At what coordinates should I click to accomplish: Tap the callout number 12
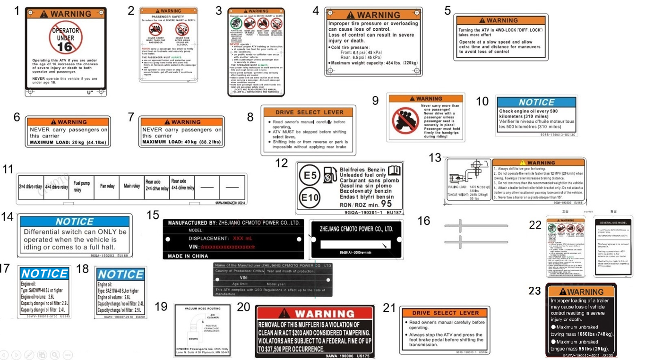pyautogui.click(x=282, y=163)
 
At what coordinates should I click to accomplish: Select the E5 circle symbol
pyautogui.click(x=310, y=175)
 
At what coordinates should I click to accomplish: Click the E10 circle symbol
pyautogui.click(x=310, y=197)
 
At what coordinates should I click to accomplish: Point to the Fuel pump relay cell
pyautogui.click(x=81, y=187)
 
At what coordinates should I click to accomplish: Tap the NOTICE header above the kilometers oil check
pyautogui.click(x=536, y=103)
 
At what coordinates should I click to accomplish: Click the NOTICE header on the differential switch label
pyautogui.click(x=75, y=222)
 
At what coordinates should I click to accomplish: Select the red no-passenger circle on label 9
pyautogui.click(x=405, y=121)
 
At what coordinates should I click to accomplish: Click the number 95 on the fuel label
pyautogui.click(x=386, y=204)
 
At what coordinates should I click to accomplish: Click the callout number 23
pyautogui.click(x=534, y=291)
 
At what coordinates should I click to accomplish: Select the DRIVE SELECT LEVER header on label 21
pyautogui.click(x=445, y=313)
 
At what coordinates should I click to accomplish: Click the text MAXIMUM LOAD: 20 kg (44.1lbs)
pyautogui.click(x=68, y=142)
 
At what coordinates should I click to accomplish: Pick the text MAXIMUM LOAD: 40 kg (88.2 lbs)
pyautogui.click(x=181, y=142)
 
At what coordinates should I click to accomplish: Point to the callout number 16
pyautogui.click(x=424, y=221)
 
